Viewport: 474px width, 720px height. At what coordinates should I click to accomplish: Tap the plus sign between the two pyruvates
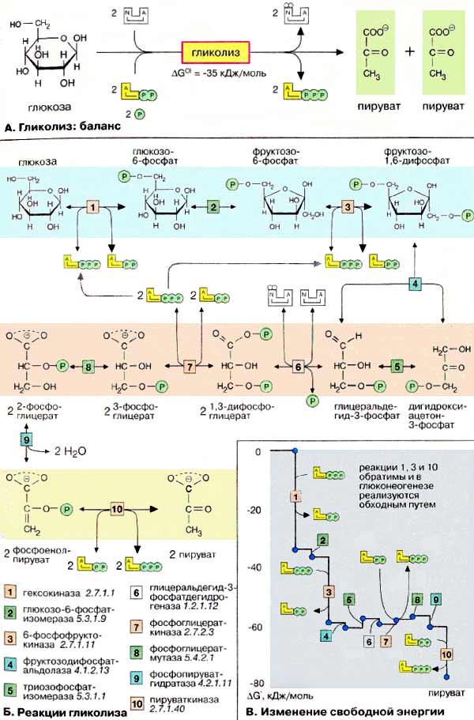click(409, 51)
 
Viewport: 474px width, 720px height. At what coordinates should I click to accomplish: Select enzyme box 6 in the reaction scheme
click(299, 368)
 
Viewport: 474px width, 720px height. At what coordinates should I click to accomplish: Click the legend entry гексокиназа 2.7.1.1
click(51, 590)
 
